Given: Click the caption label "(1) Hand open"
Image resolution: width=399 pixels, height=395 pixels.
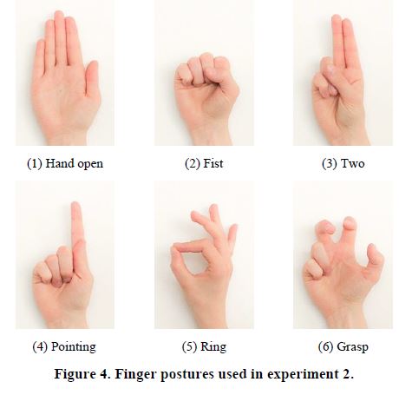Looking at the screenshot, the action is [x=65, y=164].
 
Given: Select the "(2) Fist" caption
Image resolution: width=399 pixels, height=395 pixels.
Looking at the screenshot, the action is [x=204, y=164].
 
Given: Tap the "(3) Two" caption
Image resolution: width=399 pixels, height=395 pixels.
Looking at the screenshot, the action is [x=343, y=164].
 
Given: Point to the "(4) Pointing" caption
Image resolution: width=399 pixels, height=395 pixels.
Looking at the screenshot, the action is [x=64, y=346].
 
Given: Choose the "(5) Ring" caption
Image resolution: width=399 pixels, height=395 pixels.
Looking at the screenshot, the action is [x=204, y=346].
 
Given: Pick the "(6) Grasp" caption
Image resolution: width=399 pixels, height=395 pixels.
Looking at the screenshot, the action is [x=343, y=346].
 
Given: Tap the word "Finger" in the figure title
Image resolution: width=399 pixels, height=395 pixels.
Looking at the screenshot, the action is [x=135, y=374].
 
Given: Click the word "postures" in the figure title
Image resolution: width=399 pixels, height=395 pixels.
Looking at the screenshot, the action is [x=186, y=374].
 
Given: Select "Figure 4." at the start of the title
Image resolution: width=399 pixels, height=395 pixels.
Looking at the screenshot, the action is [x=82, y=373].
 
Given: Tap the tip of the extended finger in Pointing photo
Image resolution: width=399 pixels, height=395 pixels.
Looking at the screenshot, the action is [x=75, y=204].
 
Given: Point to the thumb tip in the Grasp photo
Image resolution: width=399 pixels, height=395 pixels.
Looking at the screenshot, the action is [x=372, y=249].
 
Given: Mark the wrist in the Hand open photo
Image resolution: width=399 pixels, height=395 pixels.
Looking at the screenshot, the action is [x=67, y=136].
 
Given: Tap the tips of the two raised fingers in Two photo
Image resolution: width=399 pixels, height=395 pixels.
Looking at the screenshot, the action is [x=342, y=20].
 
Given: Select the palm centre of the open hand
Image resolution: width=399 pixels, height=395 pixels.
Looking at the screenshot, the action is [x=64, y=97].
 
